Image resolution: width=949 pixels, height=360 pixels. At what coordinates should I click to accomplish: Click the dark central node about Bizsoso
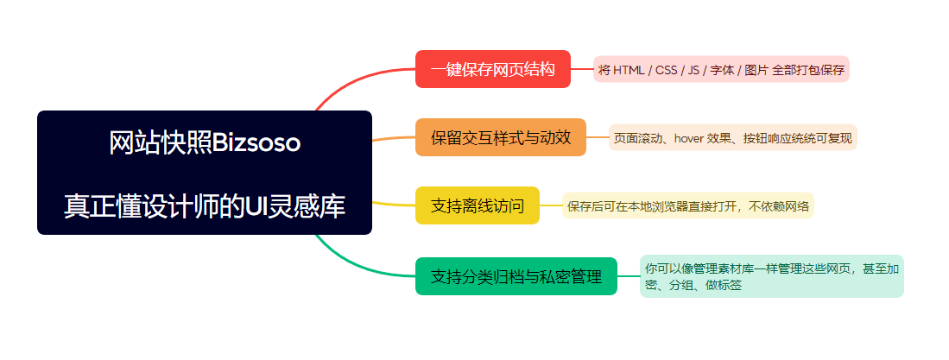coord(204,173)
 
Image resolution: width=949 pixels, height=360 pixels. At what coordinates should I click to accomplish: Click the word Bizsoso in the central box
coord(256,143)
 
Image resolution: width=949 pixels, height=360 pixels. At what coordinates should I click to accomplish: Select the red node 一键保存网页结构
coord(492,69)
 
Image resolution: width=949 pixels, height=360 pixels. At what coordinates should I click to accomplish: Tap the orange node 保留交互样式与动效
coord(500,137)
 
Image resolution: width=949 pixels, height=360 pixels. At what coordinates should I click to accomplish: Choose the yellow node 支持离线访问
coord(477,205)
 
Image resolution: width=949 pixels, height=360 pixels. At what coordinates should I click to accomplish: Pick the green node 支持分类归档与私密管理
coord(516,276)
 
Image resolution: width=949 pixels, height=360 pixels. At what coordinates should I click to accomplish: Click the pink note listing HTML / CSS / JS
coord(721,69)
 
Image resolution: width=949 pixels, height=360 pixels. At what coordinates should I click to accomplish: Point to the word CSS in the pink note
coord(666,70)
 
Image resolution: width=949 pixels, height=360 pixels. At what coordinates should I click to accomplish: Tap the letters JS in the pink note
coord(694,70)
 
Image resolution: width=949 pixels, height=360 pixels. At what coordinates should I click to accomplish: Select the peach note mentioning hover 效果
coord(732,137)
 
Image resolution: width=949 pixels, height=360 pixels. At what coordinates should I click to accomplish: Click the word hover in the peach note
coord(690,137)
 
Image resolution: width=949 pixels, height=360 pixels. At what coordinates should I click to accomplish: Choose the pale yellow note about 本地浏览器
coord(687,206)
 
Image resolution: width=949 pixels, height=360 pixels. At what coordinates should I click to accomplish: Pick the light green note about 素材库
coord(771,276)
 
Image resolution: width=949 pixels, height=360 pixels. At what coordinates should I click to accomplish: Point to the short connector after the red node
coord(582,69)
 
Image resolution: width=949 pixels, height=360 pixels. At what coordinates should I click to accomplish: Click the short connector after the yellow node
coord(551,205)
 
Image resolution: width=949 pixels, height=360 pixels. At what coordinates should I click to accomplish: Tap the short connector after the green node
coord(629,276)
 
